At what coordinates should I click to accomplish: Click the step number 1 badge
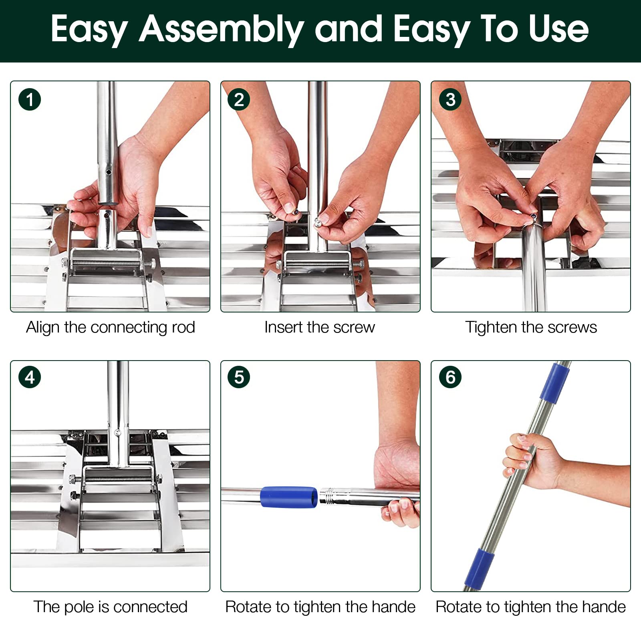click(30, 100)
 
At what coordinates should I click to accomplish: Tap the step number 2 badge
click(239, 100)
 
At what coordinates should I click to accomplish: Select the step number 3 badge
click(450, 100)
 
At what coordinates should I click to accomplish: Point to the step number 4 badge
click(30, 377)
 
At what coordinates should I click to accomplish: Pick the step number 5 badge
click(239, 377)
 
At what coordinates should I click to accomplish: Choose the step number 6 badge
click(450, 377)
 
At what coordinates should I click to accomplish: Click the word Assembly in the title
click(222, 29)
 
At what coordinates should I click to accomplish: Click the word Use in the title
click(558, 28)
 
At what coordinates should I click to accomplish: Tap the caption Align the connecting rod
click(111, 327)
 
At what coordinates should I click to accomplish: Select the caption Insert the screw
click(320, 327)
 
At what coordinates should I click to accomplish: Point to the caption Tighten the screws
click(531, 327)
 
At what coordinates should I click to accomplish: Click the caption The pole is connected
click(110, 607)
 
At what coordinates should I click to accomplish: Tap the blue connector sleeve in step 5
click(289, 497)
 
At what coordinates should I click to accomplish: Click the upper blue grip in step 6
click(555, 383)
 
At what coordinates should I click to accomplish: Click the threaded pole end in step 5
click(329, 497)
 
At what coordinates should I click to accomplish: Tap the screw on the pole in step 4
click(117, 433)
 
